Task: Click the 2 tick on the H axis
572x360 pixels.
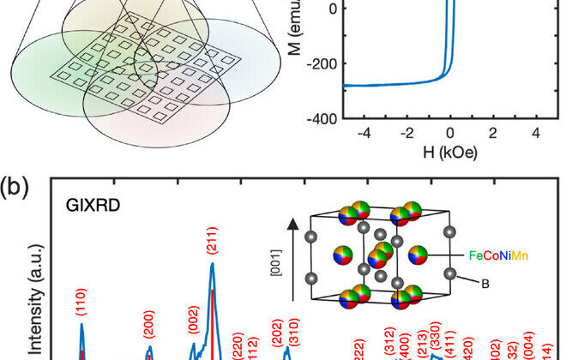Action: (492, 133)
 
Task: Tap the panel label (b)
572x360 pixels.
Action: (17, 187)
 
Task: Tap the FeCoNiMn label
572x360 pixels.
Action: (502, 255)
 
